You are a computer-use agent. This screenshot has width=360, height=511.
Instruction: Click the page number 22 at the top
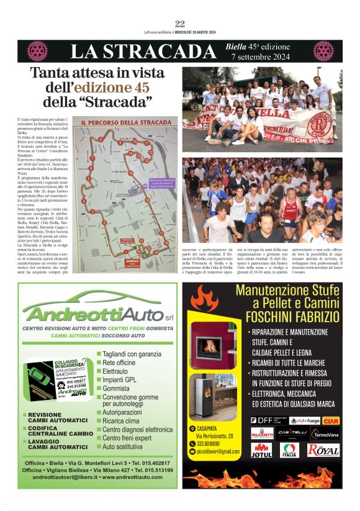180,24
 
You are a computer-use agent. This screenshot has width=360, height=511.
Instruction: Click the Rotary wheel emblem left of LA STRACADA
37,51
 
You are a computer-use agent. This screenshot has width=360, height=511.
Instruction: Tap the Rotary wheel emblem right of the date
323,51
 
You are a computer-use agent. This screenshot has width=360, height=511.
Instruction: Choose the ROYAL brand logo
323,450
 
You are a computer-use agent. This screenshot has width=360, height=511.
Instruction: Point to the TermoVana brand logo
324,434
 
